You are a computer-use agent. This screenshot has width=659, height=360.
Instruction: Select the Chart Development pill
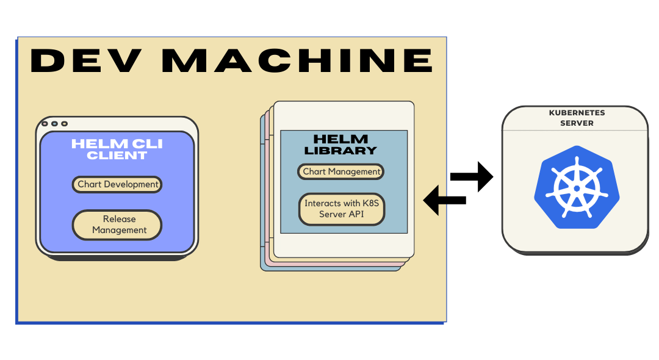coord(117,184)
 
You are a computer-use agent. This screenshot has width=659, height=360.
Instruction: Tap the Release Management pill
coord(117,225)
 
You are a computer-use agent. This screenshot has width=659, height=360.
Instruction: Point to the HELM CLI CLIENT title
coord(117,149)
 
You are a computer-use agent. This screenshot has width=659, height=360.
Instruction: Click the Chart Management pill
coord(341,171)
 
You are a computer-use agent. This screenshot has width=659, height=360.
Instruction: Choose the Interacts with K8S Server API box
coord(342,209)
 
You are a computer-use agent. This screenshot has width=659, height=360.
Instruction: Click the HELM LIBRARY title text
coord(341,145)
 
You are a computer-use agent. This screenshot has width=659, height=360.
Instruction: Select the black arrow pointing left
coord(444,200)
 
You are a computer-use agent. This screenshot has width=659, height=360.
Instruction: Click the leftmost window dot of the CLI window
coord(45,124)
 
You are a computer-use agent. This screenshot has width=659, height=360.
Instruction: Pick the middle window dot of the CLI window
coord(54,124)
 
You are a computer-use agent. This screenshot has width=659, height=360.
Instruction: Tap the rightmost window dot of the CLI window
coord(64,124)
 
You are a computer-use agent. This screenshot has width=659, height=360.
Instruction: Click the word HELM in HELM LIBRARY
coord(341,139)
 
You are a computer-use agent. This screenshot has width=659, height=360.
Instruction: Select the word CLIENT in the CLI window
coord(117,155)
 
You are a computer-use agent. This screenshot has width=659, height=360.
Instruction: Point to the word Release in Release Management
coord(120,219)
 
